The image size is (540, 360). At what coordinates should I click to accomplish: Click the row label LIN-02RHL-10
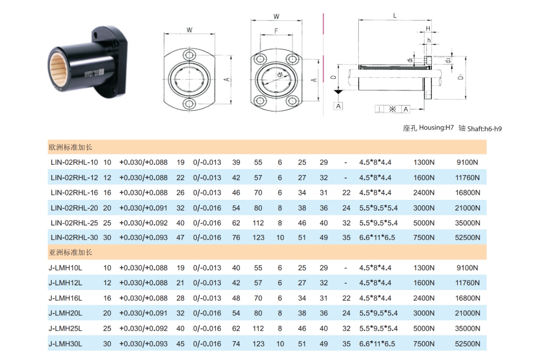(x=74, y=162)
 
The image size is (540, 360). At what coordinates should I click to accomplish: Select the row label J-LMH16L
(x=65, y=298)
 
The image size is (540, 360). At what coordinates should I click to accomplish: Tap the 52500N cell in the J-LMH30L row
(x=468, y=344)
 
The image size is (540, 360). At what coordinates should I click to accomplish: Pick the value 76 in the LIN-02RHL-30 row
(x=236, y=238)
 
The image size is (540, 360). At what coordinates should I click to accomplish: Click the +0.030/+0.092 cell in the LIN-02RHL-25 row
(x=143, y=223)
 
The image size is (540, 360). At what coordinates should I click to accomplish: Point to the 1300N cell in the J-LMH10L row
(x=424, y=268)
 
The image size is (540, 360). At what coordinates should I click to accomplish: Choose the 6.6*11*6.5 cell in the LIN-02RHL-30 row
(x=377, y=238)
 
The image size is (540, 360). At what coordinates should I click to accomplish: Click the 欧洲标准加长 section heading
(x=71, y=147)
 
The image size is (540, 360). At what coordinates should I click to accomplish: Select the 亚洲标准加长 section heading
(x=71, y=252)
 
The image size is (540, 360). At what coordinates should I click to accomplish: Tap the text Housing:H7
(x=436, y=128)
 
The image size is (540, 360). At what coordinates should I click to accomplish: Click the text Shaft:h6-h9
(x=484, y=129)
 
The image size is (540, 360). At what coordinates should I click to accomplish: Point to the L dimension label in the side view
(x=395, y=16)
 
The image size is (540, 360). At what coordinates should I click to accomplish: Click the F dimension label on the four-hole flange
(x=276, y=31)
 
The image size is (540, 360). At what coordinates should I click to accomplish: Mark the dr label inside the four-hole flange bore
(x=279, y=75)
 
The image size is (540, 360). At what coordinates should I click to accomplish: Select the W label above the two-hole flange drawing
(x=189, y=30)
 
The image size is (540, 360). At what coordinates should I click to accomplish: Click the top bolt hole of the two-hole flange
(x=189, y=55)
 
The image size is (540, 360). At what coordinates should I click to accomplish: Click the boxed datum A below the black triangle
(x=338, y=106)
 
